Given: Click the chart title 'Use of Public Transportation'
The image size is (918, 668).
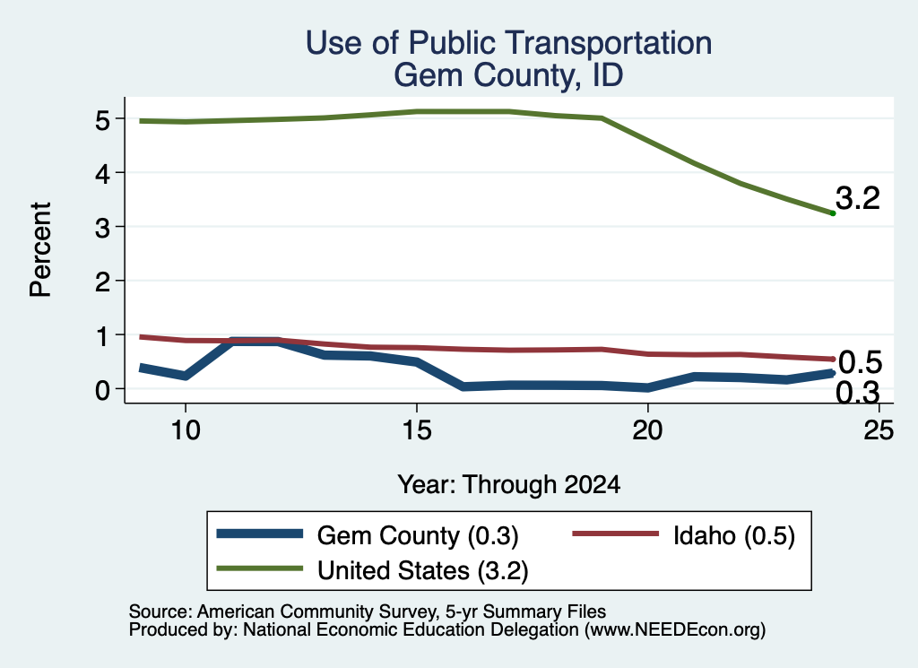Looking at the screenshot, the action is coord(509,43).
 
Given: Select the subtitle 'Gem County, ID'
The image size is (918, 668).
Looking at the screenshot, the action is coord(508,75).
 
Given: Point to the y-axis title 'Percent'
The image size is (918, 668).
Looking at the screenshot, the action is coord(40,250).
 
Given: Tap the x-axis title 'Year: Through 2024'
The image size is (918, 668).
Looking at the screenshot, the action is coord(509,485).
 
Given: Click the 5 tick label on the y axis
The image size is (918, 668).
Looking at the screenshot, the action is coord(102,120).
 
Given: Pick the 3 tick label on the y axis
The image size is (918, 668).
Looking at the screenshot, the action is coord(102,228).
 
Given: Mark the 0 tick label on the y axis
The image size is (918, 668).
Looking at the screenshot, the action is coord(102,390).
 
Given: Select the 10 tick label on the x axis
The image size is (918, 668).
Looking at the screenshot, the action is coord(186,431).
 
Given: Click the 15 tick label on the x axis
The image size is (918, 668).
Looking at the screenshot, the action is coord(416,431).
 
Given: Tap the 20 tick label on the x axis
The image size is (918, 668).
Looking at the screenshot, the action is coord(647,431).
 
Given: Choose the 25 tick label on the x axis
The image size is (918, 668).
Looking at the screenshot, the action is coord(879,431).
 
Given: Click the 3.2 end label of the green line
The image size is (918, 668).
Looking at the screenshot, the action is coord(858,198).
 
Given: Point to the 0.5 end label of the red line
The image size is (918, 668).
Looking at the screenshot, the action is coord(860,363).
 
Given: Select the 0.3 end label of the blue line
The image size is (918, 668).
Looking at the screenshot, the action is coord(858,392).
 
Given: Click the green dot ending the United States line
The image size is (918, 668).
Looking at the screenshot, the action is coord(833,213).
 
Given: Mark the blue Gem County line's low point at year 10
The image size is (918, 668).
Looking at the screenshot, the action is coord(186,376).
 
